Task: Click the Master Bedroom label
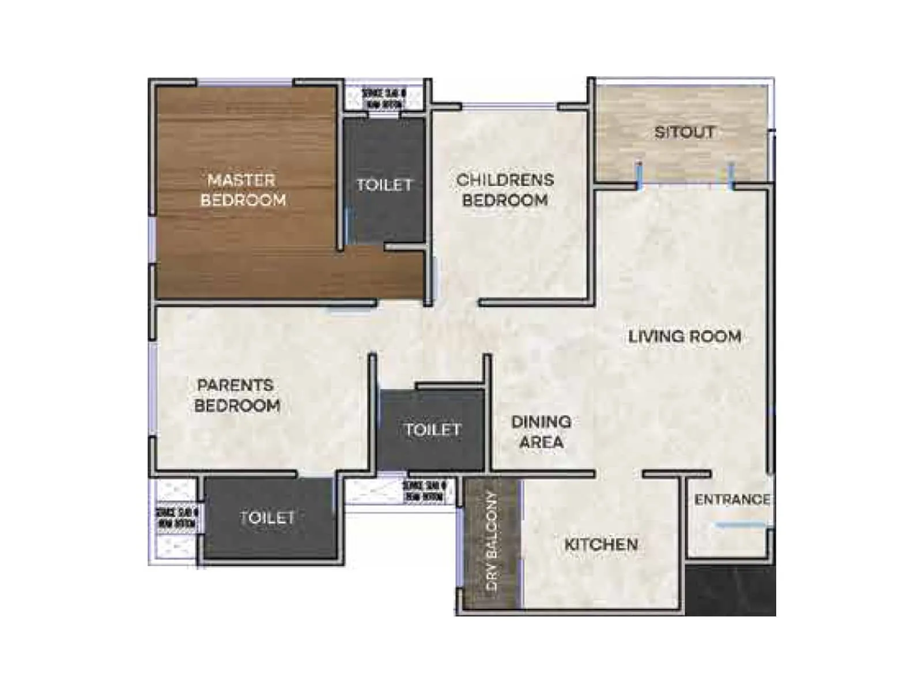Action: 243,190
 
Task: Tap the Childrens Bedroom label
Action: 505,190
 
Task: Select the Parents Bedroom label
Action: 236,395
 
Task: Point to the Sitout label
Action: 684,132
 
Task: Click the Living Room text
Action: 684,336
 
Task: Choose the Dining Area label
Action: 541,431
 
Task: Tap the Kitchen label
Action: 600,544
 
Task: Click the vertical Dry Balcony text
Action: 492,540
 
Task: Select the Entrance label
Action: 732,499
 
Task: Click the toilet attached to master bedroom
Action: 384,185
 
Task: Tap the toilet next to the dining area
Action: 432,430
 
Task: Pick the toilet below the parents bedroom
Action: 267,518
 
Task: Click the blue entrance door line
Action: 740,525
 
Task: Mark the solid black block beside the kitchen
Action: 730,590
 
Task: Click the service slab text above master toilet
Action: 384,98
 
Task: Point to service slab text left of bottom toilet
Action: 177,517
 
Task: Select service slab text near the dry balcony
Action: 424,491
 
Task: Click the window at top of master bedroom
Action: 245,83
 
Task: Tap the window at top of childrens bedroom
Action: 509,107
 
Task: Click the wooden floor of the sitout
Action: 645,156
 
